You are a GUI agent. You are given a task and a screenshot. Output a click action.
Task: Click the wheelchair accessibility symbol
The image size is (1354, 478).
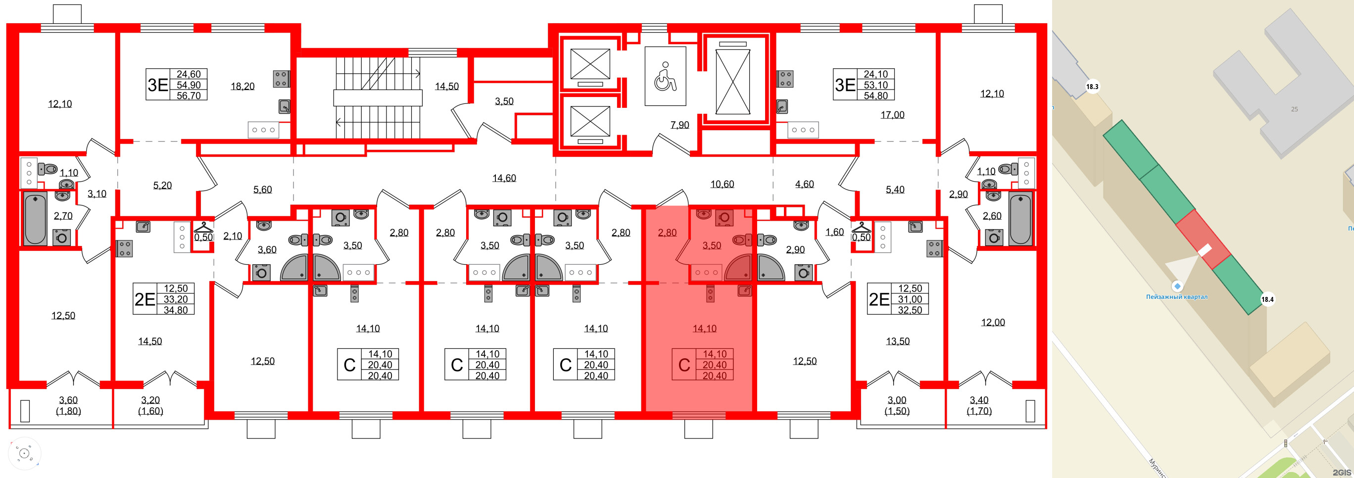pyautogui.click(x=665, y=76)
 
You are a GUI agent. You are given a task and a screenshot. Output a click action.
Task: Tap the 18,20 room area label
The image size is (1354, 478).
pyautogui.click(x=242, y=86)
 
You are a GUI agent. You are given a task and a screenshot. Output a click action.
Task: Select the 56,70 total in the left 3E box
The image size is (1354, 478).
pyautogui.click(x=189, y=96)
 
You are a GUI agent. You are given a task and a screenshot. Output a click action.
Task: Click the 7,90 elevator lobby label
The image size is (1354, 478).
pyautogui.click(x=679, y=125)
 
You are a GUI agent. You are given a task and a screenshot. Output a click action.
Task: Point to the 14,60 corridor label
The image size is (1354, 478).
pyautogui.click(x=504, y=178)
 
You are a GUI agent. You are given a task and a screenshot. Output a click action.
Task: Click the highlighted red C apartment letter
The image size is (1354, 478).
pyautogui.click(x=684, y=365)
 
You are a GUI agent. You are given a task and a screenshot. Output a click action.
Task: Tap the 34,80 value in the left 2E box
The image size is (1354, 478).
pyautogui.click(x=176, y=310)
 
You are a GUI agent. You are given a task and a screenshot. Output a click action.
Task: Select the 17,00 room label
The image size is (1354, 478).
pyautogui.click(x=892, y=114)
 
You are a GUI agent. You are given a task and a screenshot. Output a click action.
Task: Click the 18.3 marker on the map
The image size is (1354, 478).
pyautogui.click(x=1092, y=87)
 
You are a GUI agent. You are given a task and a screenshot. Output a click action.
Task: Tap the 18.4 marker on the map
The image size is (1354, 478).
pyautogui.click(x=1267, y=299)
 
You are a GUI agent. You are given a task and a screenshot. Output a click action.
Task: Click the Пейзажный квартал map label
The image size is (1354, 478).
pyautogui.click(x=1176, y=297)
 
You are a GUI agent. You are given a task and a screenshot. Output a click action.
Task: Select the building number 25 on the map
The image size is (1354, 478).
pyautogui.click(x=1294, y=109)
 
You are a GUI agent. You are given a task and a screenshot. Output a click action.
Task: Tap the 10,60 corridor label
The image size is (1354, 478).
pyautogui.click(x=722, y=184)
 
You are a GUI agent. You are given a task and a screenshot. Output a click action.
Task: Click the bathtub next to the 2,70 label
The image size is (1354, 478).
pyautogui.click(x=35, y=218)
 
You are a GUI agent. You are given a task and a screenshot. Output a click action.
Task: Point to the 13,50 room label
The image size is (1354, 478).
pyautogui.click(x=897, y=341)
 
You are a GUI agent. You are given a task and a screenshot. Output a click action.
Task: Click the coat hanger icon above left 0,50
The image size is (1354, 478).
pyautogui.click(x=203, y=228)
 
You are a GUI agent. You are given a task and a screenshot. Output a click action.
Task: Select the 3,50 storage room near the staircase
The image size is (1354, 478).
pyautogui.click(x=504, y=101)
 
